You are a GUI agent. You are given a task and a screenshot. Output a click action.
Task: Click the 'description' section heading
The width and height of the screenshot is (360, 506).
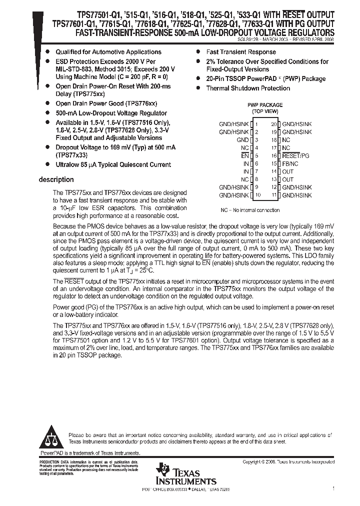tap(56, 180)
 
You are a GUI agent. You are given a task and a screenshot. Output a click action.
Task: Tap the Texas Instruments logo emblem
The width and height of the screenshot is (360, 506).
tap(162, 470)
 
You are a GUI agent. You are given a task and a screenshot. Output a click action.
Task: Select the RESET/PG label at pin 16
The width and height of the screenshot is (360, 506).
tap(295, 156)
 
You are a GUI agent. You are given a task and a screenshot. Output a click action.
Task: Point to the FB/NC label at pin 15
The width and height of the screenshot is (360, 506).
tap(290, 163)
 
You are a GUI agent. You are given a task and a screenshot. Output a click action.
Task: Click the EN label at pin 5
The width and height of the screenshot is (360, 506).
tap(244, 156)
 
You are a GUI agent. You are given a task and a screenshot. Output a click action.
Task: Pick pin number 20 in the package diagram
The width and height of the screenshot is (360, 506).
tap(273, 124)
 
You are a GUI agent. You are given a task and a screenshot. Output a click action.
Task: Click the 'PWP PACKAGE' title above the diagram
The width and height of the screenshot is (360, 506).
tap(265, 105)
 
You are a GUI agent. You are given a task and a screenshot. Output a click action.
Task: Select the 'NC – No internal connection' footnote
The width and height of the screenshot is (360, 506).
tap(250, 210)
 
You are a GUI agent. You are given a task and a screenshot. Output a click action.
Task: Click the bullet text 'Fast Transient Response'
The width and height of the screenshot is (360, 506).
tap(241, 52)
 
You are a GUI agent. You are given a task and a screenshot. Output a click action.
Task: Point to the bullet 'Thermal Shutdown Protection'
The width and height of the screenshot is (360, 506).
tap(248, 88)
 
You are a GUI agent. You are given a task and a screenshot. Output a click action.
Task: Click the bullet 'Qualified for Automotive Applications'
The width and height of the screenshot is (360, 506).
tap(108, 52)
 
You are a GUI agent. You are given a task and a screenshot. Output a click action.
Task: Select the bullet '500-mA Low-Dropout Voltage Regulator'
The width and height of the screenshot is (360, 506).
tap(111, 113)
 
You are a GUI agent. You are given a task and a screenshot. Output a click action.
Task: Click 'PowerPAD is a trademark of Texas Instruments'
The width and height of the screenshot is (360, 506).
tap(89, 452)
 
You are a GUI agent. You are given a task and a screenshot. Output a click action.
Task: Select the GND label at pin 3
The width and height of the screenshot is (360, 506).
tap(242, 140)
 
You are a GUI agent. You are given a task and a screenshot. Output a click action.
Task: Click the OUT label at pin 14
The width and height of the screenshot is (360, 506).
tap(288, 171)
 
